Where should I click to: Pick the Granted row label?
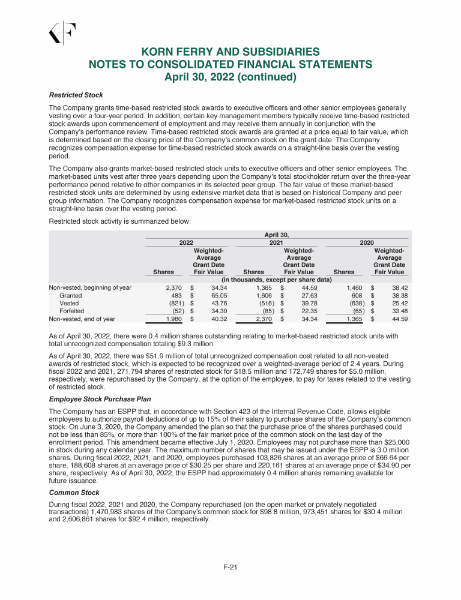tap(71, 296)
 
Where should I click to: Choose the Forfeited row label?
tap(71, 311)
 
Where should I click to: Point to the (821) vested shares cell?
tap(172, 304)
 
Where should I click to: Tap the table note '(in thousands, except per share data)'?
tap(277, 280)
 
